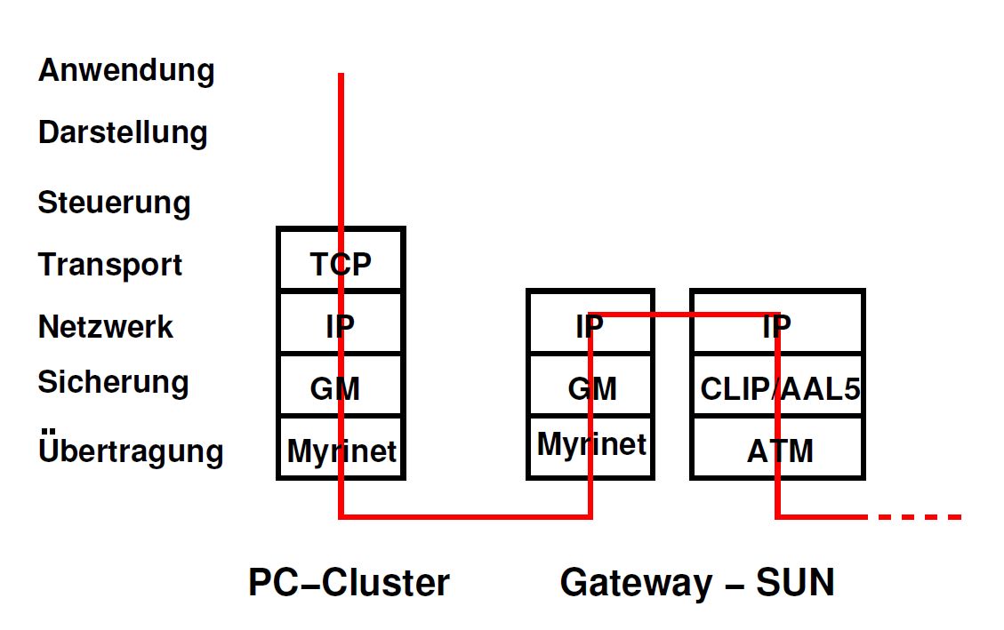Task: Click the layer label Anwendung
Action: tap(126, 71)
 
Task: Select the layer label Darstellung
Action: tap(123, 133)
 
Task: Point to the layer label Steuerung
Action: tap(114, 203)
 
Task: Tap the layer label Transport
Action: tap(110, 265)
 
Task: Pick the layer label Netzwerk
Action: tap(106, 327)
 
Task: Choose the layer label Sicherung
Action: tap(113, 383)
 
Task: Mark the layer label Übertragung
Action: tap(131, 451)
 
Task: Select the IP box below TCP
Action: tap(341, 323)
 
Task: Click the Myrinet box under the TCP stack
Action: tap(341, 449)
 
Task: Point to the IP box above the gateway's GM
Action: tap(590, 323)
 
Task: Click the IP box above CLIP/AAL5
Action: tap(777, 323)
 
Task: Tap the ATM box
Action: tap(777, 449)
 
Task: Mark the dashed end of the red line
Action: tap(920, 516)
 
